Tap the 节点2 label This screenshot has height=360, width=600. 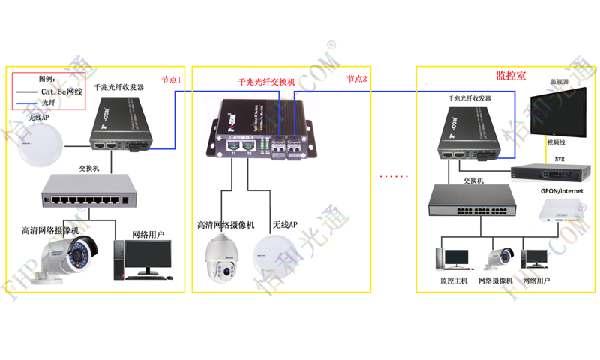pyautogui.click(x=357, y=79)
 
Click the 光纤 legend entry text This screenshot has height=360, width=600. pyautogui.click(x=50, y=102)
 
